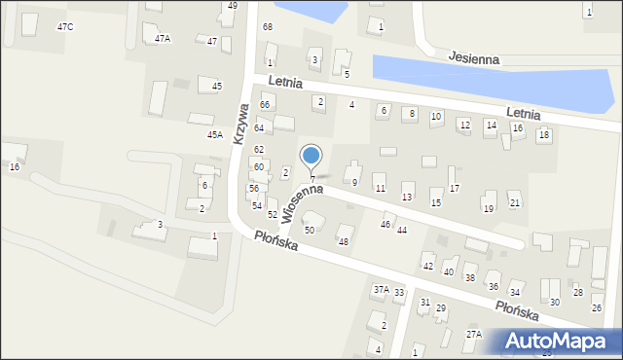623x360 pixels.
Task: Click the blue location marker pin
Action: pyautogui.click(x=311, y=157)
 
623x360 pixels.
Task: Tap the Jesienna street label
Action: pyautogui.click(x=474, y=59)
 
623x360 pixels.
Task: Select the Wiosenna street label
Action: pyautogui.click(x=302, y=199)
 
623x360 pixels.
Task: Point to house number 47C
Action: pyautogui.click(x=65, y=26)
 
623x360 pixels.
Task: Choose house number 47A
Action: pyautogui.click(x=163, y=39)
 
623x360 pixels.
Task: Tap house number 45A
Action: pyautogui.click(x=214, y=135)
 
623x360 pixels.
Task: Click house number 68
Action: pyautogui.click(x=267, y=26)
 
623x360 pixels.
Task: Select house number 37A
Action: pyautogui.click(x=381, y=289)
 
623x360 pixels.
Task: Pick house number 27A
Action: pyautogui.click(x=473, y=335)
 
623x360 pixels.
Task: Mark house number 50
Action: pyautogui.click(x=310, y=231)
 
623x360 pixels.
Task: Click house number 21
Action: pyautogui.click(x=515, y=202)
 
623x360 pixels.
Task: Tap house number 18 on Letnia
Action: pyautogui.click(x=543, y=134)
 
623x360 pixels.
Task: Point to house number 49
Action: pyautogui.click(x=232, y=6)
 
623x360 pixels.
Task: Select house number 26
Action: pyautogui.click(x=597, y=308)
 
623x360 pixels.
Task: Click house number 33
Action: pyautogui.click(x=398, y=293)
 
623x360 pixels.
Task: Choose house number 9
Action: pyautogui.click(x=354, y=183)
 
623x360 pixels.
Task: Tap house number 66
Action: pyautogui.click(x=264, y=104)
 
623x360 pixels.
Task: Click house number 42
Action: pyautogui.click(x=427, y=267)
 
